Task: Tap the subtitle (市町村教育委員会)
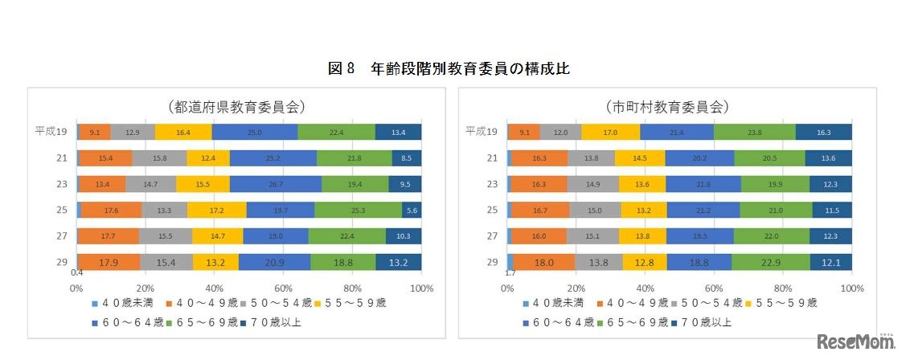tap(666, 106)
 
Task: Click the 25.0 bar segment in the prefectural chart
tap(254, 132)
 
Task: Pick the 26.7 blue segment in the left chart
tap(275, 184)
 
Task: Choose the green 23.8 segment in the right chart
tap(754, 132)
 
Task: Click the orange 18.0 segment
tap(544, 262)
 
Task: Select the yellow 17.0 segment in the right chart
tap(610, 132)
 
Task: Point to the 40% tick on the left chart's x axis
tap(214, 287)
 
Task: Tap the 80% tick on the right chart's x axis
tap(782, 287)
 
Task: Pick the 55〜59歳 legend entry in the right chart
tap(783, 303)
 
